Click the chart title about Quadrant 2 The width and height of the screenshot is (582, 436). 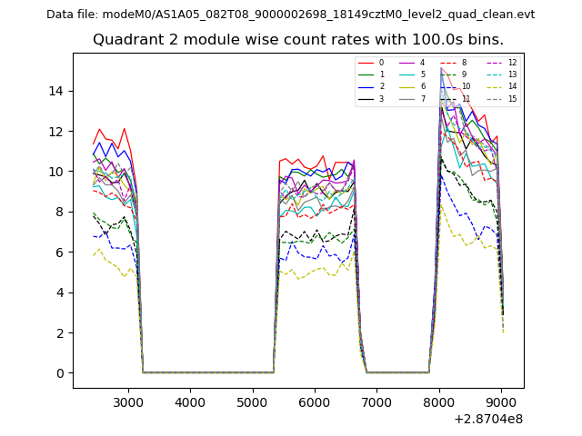[297, 40]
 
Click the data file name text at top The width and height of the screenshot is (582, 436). [290, 15]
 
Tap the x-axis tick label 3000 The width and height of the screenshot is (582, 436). [127, 401]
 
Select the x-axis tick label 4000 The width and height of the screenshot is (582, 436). [190, 401]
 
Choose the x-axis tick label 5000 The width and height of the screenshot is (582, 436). [252, 401]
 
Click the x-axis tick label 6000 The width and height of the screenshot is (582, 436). [315, 401]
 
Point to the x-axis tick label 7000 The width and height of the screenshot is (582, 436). [376, 401]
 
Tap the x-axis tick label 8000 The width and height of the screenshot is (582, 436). [439, 401]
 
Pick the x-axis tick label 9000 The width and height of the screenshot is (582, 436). [501, 401]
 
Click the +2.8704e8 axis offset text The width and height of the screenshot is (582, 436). [488, 419]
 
